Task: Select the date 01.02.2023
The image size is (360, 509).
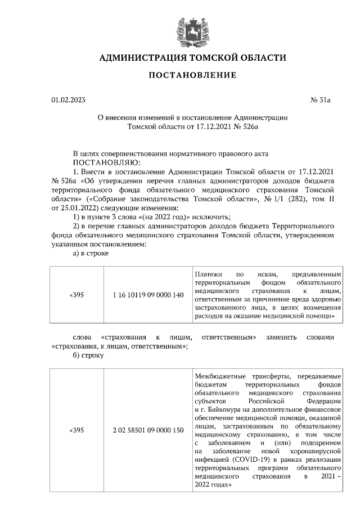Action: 68,101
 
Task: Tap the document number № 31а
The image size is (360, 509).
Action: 322,101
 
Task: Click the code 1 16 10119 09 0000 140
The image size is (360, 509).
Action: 148,295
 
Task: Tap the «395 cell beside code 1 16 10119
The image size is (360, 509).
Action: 76,295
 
